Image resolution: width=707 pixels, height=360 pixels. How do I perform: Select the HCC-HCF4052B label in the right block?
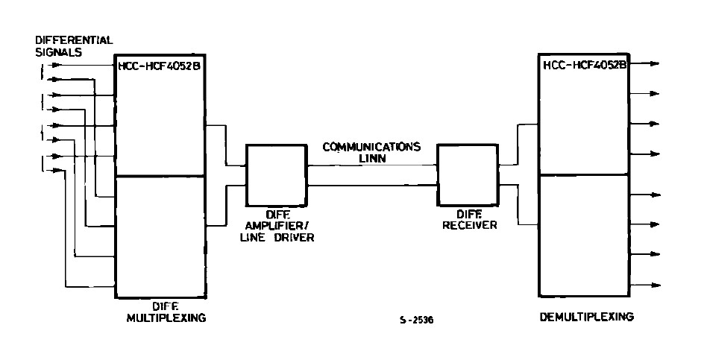pyautogui.click(x=584, y=66)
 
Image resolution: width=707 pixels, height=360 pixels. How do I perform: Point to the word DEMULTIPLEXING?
pyautogui.click(x=586, y=317)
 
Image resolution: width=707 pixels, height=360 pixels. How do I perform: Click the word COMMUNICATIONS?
pyautogui.click(x=371, y=147)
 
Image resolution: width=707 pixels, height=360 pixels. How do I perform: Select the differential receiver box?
pyautogui.click(x=467, y=174)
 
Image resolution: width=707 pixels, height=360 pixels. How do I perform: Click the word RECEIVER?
pyautogui.click(x=467, y=223)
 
